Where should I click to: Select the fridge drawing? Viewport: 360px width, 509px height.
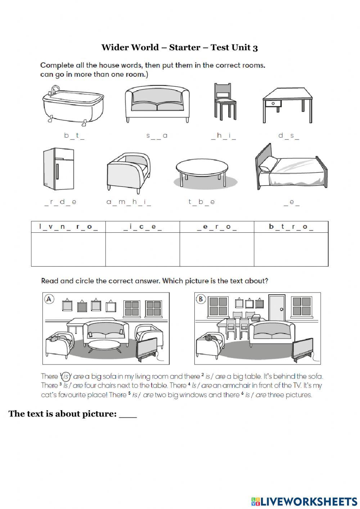(58, 170)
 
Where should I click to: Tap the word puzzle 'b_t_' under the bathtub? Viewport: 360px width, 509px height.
(75, 135)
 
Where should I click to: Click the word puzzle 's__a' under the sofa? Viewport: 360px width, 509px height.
(157, 135)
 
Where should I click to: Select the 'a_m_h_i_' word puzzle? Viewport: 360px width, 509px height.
(129, 202)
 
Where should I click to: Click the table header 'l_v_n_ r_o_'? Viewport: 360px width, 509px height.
(68, 227)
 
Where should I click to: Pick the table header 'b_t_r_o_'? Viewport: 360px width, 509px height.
(291, 227)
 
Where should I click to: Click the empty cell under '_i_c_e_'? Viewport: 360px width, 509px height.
(143, 249)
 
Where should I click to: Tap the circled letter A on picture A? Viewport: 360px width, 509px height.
(49, 299)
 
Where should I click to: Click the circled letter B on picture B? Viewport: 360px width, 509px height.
(201, 299)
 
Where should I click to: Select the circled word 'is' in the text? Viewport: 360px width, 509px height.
(66, 377)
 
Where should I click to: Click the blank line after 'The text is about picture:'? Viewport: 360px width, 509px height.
(128, 415)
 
